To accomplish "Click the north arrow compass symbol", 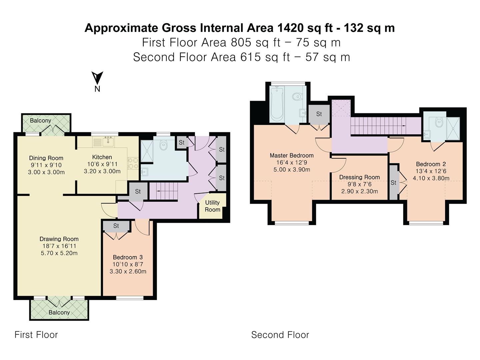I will (97, 78).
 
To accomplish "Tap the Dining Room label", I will (46, 158).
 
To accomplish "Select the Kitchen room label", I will (102, 157).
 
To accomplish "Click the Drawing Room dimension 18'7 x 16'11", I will (59, 246).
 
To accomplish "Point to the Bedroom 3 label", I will (128, 257).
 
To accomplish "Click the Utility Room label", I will (212, 206).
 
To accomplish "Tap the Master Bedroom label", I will (291, 155).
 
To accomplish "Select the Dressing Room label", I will (359, 177).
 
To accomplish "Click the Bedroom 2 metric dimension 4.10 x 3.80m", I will (431, 178).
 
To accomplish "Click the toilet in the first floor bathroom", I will (163, 145).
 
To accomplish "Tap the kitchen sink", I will (108, 142).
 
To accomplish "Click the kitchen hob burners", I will (133, 163).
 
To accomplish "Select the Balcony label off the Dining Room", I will (40, 120).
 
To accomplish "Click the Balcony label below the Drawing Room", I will (59, 312).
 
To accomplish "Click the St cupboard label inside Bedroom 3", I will (116, 226).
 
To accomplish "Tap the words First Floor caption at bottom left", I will (36, 335).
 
